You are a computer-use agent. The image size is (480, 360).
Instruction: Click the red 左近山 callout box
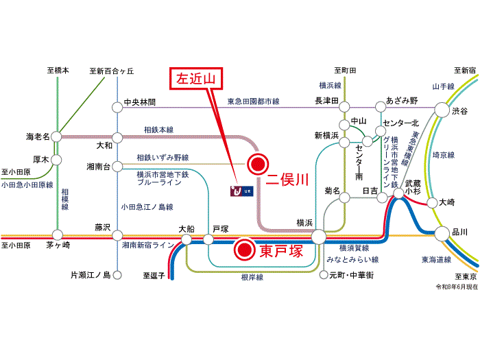pos(196,79)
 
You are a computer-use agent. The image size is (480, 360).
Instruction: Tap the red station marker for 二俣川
pos(258,164)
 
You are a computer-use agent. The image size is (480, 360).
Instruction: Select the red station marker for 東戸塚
pos(245,250)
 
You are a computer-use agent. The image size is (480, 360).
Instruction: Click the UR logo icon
pos(242,191)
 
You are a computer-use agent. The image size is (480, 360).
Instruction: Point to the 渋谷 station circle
pos(442,110)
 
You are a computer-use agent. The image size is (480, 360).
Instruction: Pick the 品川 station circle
pos(442,234)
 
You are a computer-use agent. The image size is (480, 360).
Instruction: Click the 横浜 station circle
pos(319,237)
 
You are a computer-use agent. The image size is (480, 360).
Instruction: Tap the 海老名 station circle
pos(56,136)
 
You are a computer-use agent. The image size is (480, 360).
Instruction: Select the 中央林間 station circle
pos(117,108)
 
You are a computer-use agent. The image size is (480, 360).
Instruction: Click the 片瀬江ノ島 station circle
pos(117,275)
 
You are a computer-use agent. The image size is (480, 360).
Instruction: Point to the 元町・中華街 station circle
pos(324,275)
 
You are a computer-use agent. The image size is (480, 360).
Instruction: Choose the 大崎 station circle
pos(432,203)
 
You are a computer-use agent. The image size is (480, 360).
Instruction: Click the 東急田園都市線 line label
pos(254,101)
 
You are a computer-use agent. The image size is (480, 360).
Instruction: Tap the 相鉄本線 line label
pos(158,130)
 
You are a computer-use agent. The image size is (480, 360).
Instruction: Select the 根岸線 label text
pos(252,277)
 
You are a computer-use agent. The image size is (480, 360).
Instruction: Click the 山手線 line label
pos(443,86)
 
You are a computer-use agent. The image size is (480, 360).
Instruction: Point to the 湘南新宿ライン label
pos(148,245)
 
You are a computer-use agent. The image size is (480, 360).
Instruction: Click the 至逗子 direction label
pos(154,276)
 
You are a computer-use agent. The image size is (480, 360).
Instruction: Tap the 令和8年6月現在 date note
pos(457,287)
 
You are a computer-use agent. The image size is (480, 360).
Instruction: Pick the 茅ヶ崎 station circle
pos(57,235)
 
